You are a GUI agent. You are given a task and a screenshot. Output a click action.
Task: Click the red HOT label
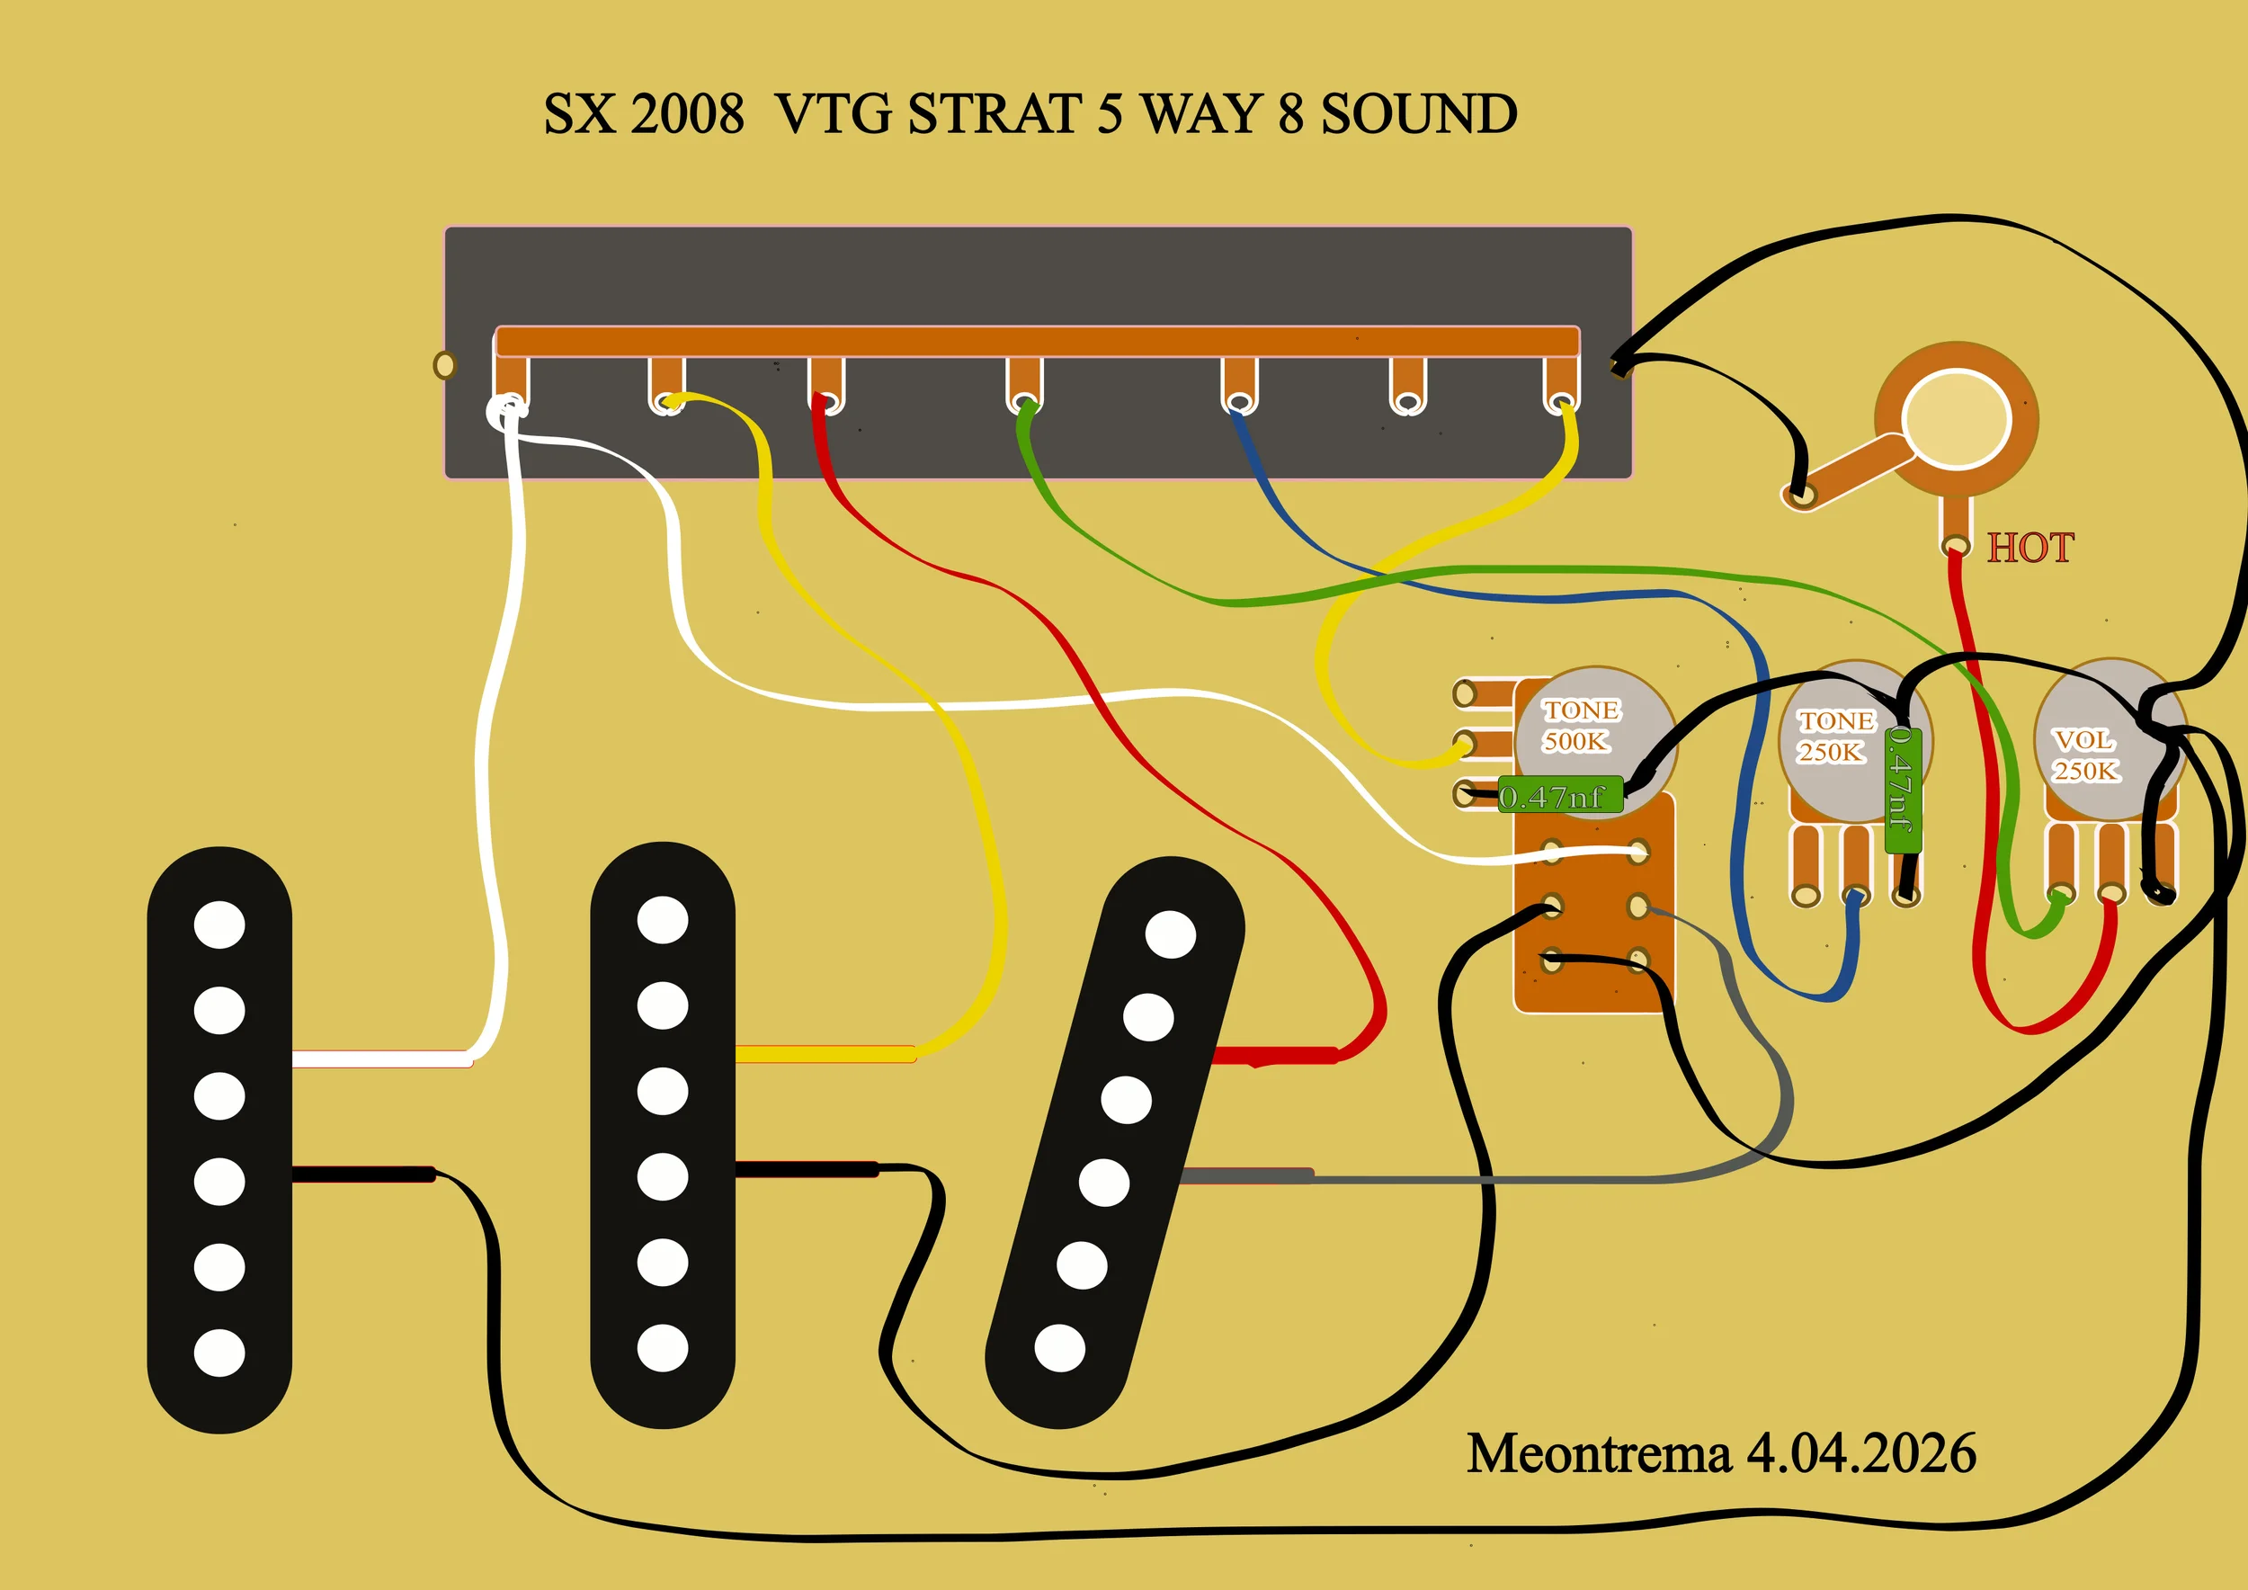coord(2029,548)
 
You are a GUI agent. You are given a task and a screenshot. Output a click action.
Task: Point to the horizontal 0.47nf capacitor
coord(1560,795)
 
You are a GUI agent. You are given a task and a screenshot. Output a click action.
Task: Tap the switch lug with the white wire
coord(509,405)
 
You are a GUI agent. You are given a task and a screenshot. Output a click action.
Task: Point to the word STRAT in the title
coord(994,114)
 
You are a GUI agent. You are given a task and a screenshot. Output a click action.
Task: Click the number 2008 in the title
coord(687,114)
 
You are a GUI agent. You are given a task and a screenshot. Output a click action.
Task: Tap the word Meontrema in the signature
coord(1598,1454)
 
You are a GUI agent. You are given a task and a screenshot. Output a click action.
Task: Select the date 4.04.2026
coord(1861,1454)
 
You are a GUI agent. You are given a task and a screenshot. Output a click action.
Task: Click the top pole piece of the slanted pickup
coord(1170,934)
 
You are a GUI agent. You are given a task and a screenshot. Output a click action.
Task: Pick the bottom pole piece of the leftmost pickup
coord(219,1353)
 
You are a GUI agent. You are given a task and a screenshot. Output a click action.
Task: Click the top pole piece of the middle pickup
coord(662,920)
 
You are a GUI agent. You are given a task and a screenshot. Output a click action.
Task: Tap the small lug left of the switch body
coord(444,365)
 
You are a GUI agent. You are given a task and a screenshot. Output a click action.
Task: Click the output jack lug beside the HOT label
coord(1954,545)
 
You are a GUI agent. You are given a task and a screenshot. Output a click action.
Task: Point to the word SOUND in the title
coord(1419,114)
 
